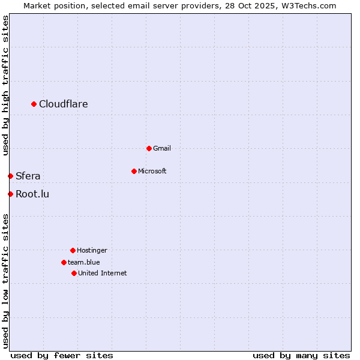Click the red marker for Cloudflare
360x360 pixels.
click(x=34, y=104)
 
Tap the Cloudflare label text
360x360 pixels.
click(x=64, y=104)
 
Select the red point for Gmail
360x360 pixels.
click(x=149, y=148)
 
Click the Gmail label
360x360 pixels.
click(x=162, y=148)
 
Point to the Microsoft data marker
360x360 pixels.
click(x=134, y=171)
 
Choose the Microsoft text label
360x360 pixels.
click(x=152, y=171)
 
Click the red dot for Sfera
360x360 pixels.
click(x=10, y=176)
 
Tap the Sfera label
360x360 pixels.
click(x=28, y=176)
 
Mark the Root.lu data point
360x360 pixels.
click(x=10, y=194)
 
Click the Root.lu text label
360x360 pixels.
click(x=32, y=194)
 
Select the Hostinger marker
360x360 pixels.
click(x=73, y=250)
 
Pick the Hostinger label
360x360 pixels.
click(x=92, y=250)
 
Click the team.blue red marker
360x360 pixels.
click(x=64, y=262)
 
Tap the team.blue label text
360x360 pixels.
click(x=84, y=262)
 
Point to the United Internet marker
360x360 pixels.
click(x=74, y=273)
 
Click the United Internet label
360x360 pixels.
click(x=103, y=273)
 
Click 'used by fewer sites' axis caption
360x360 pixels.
click(x=62, y=355)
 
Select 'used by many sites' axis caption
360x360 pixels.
click(x=301, y=355)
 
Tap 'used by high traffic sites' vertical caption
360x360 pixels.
click(x=5, y=85)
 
